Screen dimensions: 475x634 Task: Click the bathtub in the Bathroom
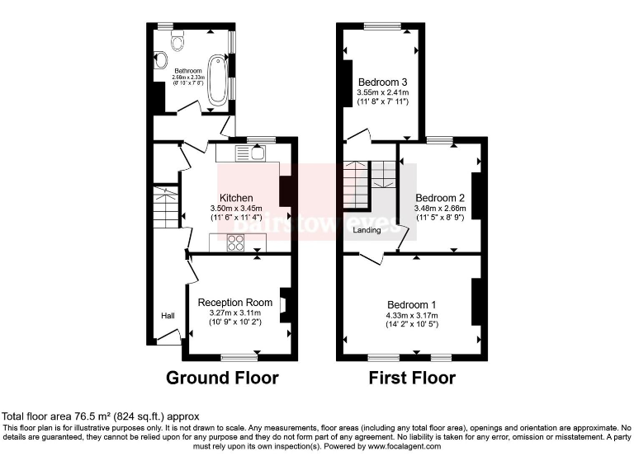(x=219, y=80)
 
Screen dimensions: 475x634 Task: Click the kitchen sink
(x=248, y=153)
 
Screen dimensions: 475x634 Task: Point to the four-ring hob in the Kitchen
(x=234, y=242)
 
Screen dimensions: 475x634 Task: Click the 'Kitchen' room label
(x=236, y=198)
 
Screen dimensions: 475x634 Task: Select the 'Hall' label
(x=168, y=316)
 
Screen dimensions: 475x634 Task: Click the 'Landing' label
(x=367, y=230)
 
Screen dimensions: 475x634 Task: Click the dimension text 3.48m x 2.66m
(x=440, y=209)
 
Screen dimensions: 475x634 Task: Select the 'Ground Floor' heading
(x=222, y=379)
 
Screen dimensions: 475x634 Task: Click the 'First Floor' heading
(x=412, y=379)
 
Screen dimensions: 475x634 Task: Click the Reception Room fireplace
(x=284, y=305)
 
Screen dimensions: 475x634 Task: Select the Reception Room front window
(x=239, y=357)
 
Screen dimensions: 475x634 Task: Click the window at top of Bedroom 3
(x=382, y=27)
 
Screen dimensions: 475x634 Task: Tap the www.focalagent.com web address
(x=395, y=446)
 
